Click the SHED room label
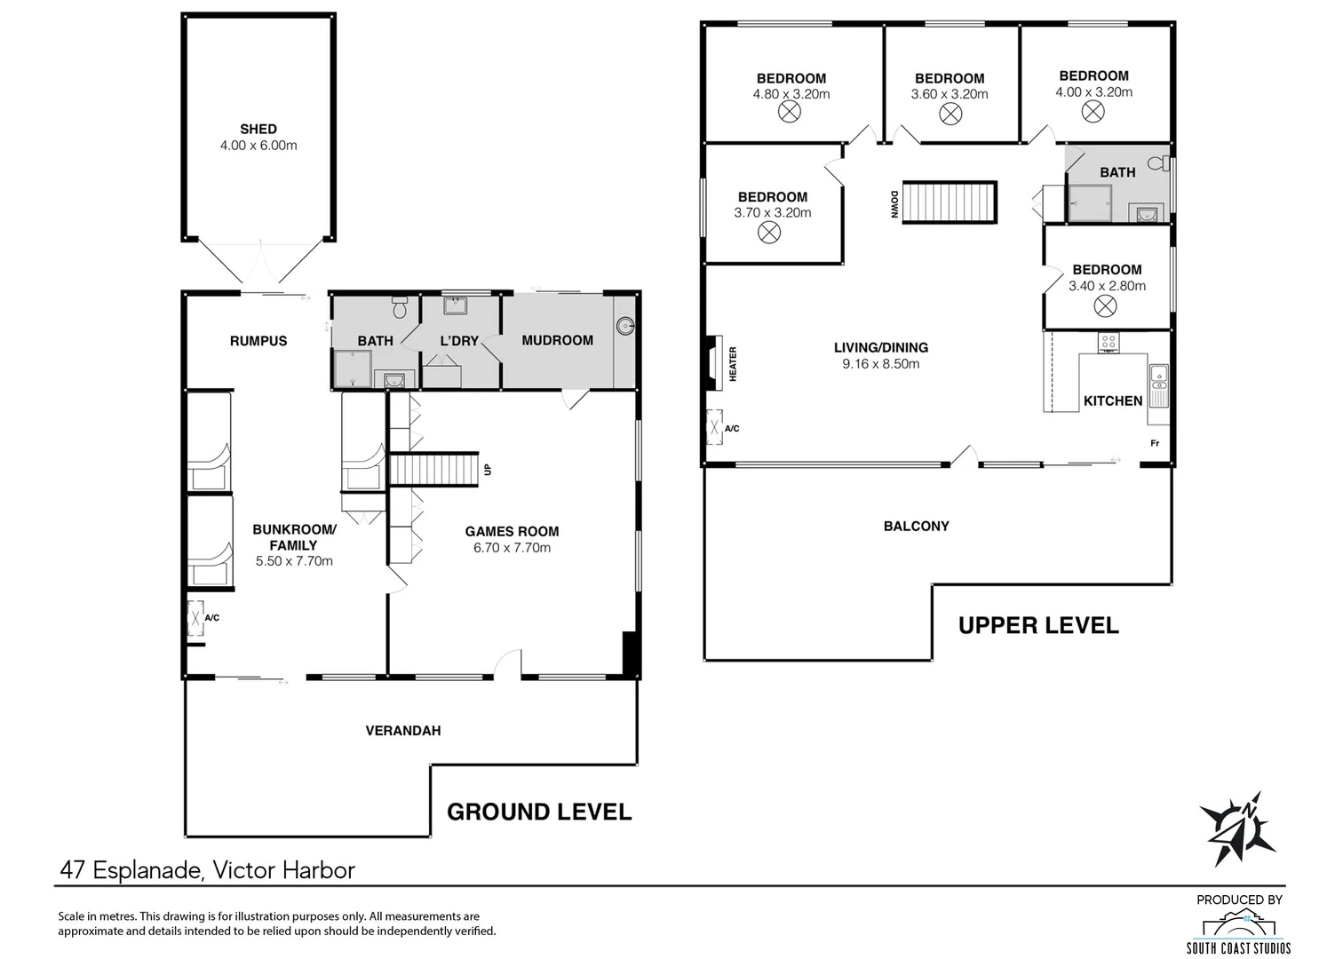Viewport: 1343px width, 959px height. [x=258, y=129]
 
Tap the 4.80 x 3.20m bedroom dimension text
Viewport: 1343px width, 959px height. [x=791, y=94]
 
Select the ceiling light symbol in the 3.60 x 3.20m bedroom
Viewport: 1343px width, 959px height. [x=950, y=114]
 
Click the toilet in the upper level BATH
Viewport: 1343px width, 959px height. [x=1159, y=162]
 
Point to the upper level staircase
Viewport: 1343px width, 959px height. [x=950, y=202]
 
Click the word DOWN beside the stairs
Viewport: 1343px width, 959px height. [x=894, y=204]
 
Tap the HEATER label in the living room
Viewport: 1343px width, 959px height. [x=733, y=364]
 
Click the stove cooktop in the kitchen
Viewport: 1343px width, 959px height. [x=1109, y=343]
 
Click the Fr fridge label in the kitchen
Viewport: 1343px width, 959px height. [x=1155, y=444]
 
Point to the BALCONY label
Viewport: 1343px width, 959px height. [x=916, y=527]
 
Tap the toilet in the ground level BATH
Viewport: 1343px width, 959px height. [x=400, y=307]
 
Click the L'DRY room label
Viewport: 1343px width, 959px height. [x=459, y=341]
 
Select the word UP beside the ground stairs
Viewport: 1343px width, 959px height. [x=488, y=470]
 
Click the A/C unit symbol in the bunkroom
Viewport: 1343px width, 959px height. [x=195, y=618]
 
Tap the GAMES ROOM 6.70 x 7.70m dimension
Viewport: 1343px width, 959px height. [x=512, y=548]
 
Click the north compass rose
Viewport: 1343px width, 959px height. [x=1237, y=828]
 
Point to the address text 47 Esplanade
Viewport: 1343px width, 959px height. [x=131, y=870]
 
